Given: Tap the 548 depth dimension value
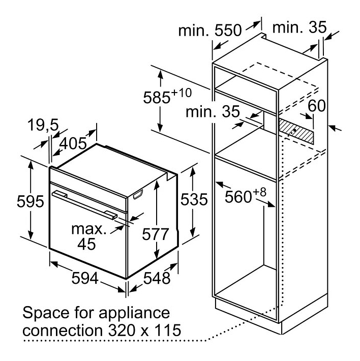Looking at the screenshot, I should (x=156, y=279).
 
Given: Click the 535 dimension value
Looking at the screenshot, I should (x=194, y=200).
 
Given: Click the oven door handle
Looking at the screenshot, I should (x=86, y=204).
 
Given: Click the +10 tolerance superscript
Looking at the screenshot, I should (x=183, y=92).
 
